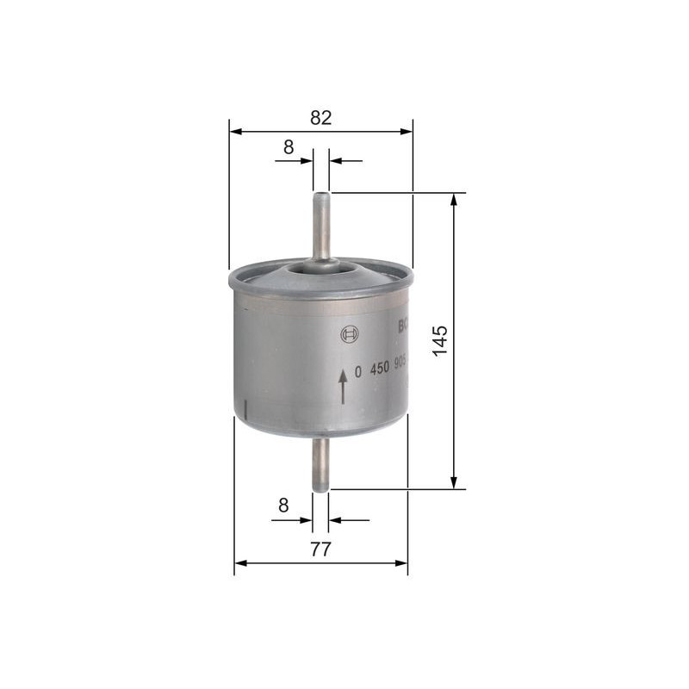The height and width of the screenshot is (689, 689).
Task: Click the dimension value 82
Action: [x=320, y=119]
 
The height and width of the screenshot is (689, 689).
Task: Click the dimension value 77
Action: [x=320, y=549]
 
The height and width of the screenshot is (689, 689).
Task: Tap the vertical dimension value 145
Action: [x=439, y=342]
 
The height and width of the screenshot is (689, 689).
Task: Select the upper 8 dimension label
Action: [x=289, y=147]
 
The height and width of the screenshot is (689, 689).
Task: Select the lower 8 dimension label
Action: [x=283, y=506]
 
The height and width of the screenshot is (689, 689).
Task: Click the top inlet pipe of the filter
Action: [x=321, y=228]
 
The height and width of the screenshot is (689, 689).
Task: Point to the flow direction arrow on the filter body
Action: [x=343, y=386]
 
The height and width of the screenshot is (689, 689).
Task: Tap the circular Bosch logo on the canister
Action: [x=349, y=335]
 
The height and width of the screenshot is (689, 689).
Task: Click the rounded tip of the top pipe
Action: [x=321, y=196]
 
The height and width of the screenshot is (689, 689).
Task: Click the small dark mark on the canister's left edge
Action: [x=245, y=407]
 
